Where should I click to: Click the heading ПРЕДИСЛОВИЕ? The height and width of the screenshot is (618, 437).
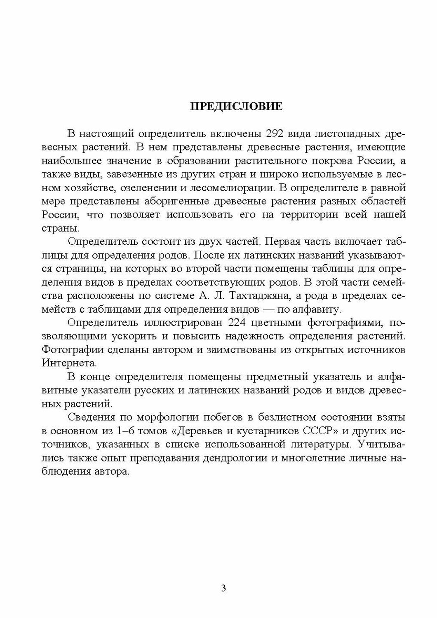tap(236, 107)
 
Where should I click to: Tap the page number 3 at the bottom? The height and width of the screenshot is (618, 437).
tap(223, 588)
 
